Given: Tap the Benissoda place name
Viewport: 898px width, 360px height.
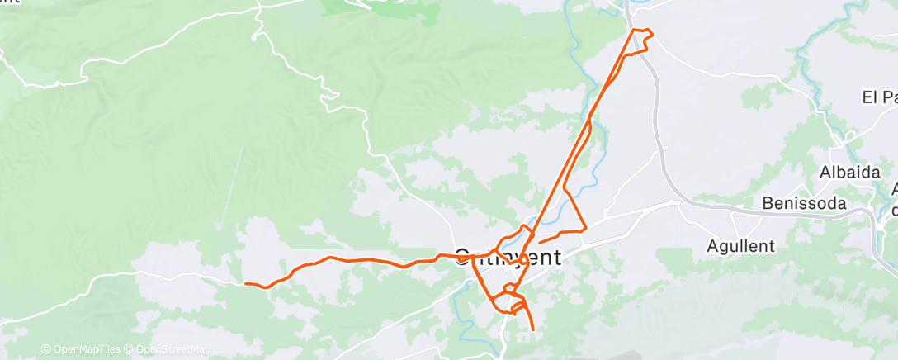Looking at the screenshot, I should click(805, 203).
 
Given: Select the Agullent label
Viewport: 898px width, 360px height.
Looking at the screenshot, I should click(741, 245).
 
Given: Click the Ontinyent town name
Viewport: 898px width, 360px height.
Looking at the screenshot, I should click(508, 257).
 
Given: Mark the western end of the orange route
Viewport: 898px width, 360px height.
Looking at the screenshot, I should click(246, 284).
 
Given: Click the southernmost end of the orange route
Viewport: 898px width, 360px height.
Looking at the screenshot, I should click(533, 330).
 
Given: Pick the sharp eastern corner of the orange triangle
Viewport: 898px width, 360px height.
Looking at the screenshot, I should click(586, 230).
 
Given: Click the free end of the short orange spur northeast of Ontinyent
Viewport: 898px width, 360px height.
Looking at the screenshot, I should click(538, 242).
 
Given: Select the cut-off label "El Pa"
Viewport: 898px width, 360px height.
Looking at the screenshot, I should click(879, 97).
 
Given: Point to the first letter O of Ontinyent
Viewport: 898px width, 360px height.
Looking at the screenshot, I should click(463, 257).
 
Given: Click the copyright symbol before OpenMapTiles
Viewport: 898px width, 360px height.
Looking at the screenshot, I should click(45, 349).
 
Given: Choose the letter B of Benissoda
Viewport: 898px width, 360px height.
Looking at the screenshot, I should click(768, 203).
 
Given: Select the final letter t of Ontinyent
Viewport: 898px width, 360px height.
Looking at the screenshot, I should click(558, 257).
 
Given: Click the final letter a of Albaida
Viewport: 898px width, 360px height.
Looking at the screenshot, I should click(870, 173).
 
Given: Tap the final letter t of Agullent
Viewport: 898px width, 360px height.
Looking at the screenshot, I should click(771, 245).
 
